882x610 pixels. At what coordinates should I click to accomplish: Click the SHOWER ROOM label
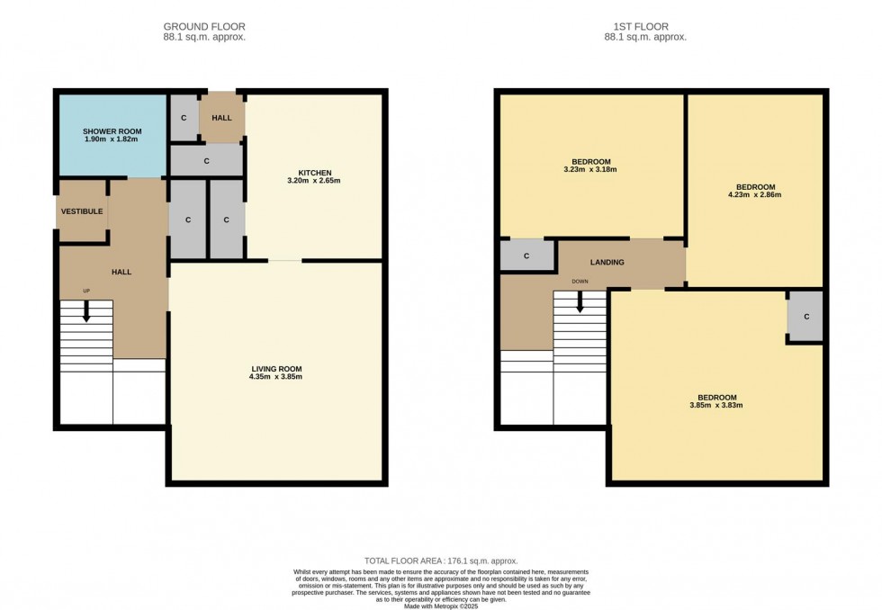(112, 131)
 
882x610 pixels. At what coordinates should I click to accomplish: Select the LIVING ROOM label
(276, 368)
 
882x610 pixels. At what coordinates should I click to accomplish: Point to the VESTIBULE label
(82, 211)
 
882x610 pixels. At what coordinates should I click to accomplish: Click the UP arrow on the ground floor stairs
(86, 311)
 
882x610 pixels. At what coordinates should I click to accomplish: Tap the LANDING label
(607, 262)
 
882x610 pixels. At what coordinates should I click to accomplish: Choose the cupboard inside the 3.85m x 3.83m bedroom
(805, 317)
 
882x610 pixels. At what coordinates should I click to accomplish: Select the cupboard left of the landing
(526, 256)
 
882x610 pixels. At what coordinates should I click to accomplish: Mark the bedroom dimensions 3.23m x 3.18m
(589, 169)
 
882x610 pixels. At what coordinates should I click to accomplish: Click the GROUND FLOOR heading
(204, 27)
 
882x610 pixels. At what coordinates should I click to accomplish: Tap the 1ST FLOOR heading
(645, 27)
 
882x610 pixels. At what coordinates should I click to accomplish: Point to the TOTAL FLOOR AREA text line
(440, 561)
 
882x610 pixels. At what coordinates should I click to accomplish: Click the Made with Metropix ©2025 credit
(440, 606)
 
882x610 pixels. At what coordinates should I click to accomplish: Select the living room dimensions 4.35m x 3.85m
(276, 377)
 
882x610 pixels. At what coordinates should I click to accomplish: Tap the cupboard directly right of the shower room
(184, 119)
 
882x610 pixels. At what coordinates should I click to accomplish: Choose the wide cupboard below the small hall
(206, 161)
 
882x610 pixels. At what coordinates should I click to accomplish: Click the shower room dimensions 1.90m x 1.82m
(112, 140)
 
